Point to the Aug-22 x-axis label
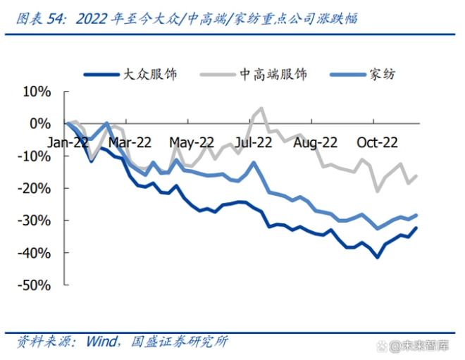pyautogui.click(x=314, y=142)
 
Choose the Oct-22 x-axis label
pyautogui.click(x=376, y=142)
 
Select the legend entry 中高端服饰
pyautogui.click(x=273, y=74)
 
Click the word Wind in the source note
pyautogui.click(x=104, y=342)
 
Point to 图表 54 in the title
pyautogui.click(x=38, y=18)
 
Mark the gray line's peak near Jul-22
pyautogui.click(x=261, y=108)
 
